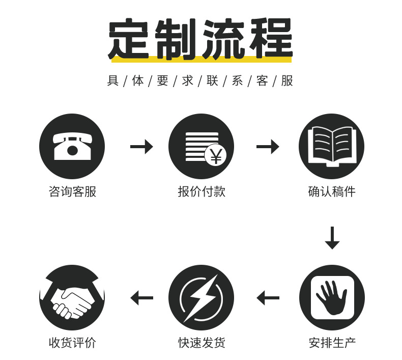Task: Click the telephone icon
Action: pos(72,146)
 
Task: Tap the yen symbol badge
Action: pos(216,156)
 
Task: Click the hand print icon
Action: pos(331,297)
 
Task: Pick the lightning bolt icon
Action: pos(201,297)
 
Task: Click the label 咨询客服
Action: pos(72,191)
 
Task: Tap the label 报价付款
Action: pos(201,191)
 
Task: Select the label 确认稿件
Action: pos(331,191)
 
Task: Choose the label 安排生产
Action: pos(332,343)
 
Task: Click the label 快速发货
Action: pos(201,343)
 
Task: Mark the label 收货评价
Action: pos(72,343)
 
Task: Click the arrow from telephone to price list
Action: pos(141,147)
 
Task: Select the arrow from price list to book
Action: pos(267,147)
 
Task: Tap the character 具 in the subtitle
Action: pos(112,81)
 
